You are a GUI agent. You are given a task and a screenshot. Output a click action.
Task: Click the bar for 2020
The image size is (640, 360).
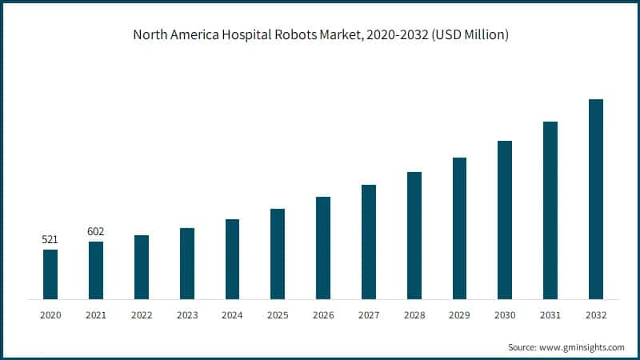[50, 274]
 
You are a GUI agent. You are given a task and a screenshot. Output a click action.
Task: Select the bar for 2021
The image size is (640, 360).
[96, 270]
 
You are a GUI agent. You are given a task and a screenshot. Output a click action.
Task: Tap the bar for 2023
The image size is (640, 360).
[186, 263]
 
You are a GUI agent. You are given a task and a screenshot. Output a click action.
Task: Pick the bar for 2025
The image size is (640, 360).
[278, 254]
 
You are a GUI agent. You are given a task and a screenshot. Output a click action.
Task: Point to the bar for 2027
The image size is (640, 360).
[368, 242]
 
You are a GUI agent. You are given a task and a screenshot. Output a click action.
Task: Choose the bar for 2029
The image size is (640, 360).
[459, 228]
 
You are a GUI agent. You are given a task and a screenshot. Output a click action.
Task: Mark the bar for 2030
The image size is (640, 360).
[504, 220]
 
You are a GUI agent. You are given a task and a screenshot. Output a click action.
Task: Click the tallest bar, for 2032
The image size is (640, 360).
[595, 199]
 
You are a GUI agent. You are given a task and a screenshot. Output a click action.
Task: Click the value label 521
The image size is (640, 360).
[50, 239]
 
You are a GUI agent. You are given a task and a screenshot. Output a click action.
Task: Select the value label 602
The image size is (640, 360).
[96, 231]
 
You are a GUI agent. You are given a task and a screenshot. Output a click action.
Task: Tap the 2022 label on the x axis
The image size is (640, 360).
[142, 316]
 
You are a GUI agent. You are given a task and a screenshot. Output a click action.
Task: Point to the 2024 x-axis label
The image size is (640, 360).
[232, 316]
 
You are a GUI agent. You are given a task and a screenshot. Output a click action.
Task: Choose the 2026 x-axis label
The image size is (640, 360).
[323, 316]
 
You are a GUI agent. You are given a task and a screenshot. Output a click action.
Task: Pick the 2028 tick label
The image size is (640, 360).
[414, 316]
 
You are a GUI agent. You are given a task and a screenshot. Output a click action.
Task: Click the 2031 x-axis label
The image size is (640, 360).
[550, 316]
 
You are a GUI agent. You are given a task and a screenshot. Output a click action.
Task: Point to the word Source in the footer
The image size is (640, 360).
[524, 347]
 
